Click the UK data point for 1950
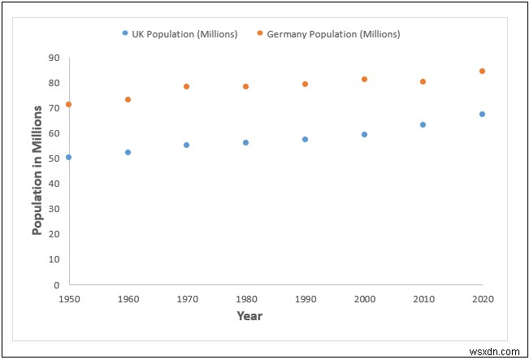coord(68,157)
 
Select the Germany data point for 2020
coord(482,71)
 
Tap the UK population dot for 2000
coord(364,134)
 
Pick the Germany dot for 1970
coord(187,86)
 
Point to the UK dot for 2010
coord(423,124)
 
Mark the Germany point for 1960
coord(128,99)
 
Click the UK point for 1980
coord(245,142)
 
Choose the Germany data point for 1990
coord(305,84)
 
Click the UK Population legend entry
coord(180,34)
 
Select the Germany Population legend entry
coord(328,34)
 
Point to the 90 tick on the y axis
coord(54,58)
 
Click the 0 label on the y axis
coord(57,284)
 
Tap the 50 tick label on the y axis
coord(54,158)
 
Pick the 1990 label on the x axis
coord(305,298)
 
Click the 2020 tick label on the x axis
coord(482,298)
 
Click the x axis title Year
coord(249,315)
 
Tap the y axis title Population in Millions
coord(37,171)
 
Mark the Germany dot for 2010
coord(423,81)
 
